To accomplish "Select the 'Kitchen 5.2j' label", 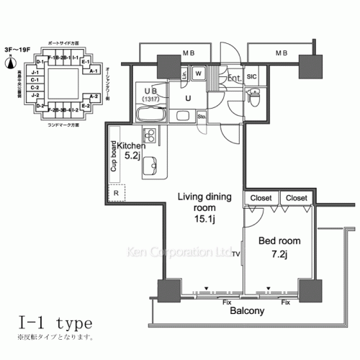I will point(131,150).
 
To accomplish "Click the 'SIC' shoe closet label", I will point(252,76).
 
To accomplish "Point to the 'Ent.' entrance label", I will point(233,77).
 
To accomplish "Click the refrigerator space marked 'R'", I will point(116,194).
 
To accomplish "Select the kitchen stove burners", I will point(150,135).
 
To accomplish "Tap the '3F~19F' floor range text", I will point(15,52).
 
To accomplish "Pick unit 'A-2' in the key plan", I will point(94,96).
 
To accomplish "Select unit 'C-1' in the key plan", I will point(34,81).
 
